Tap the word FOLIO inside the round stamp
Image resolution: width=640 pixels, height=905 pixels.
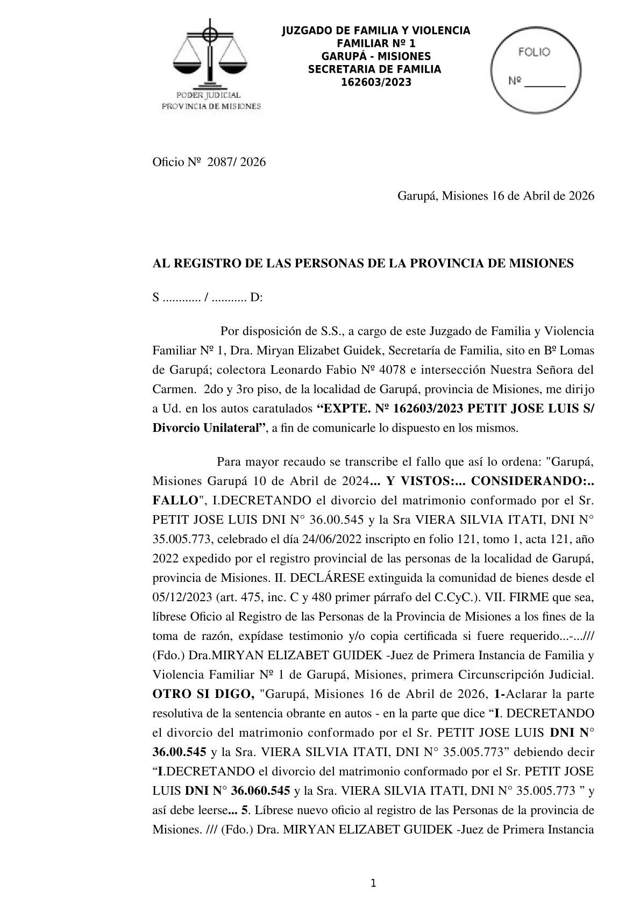(534, 52)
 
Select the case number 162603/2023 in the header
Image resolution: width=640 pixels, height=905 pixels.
(376, 82)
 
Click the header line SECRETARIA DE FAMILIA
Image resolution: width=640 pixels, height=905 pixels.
(374, 69)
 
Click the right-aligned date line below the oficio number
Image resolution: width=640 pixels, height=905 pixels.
(495, 196)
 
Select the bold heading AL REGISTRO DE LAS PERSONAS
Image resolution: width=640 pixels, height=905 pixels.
(363, 263)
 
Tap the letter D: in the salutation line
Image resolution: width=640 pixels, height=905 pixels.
(256, 297)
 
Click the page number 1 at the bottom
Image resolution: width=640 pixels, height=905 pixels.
(373, 883)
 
